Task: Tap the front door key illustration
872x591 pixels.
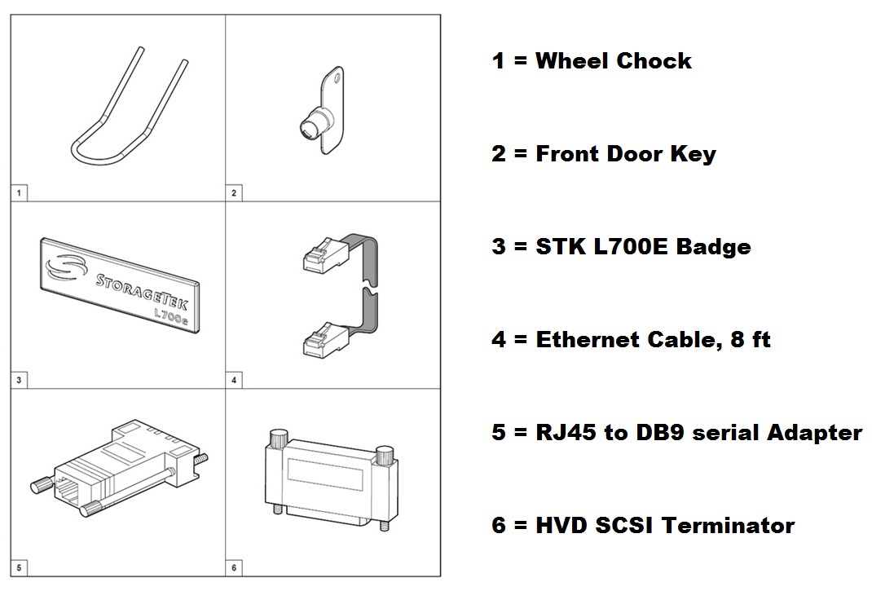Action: pos(323,112)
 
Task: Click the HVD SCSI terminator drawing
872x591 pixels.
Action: pos(332,479)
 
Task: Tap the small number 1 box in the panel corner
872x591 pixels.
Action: pos(19,193)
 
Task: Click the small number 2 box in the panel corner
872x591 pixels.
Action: pos(234,193)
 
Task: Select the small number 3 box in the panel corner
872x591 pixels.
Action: pos(19,380)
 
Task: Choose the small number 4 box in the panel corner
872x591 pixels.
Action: pos(234,380)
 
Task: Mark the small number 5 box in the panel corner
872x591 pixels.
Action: pos(19,567)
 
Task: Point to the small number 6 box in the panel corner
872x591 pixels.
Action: pos(234,567)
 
